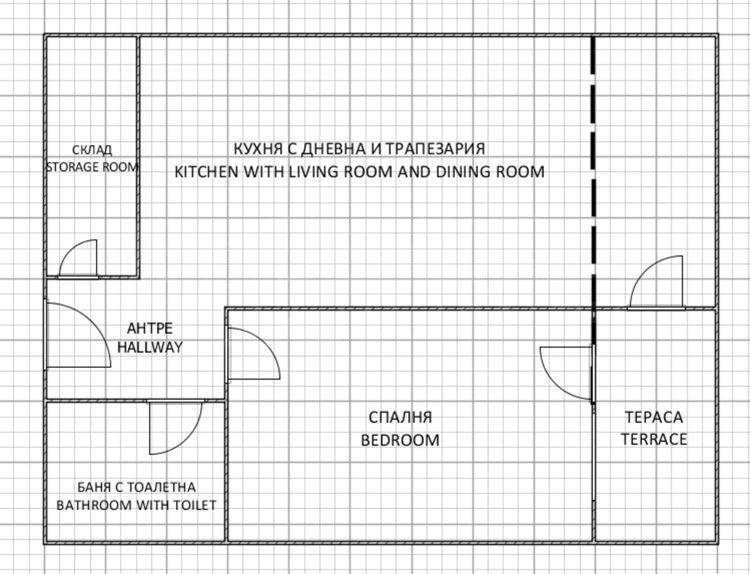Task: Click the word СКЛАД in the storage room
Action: pos(92,149)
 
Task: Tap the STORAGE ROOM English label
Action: pos(92,166)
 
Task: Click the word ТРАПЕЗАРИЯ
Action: pos(435,149)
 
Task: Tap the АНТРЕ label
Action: pos(149,328)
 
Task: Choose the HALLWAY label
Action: pos(150,347)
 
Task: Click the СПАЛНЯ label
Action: pos(400,417)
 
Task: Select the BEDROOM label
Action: pos(400,440)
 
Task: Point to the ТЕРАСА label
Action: pos(653,417)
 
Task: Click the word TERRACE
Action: pos(653,439)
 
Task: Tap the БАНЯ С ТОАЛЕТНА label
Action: pos(136,487)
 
